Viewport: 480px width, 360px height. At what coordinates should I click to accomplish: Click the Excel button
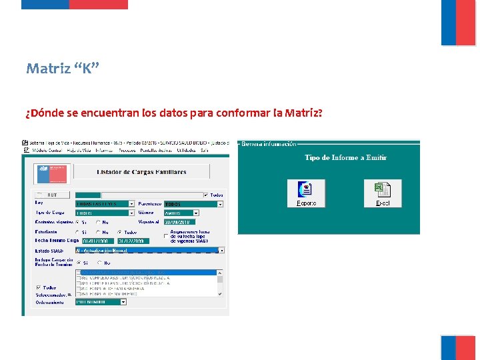(x=382, y=193)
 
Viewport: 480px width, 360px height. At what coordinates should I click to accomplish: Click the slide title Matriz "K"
(x=63, y=69)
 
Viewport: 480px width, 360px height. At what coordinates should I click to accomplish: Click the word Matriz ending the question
(x=303, y=113)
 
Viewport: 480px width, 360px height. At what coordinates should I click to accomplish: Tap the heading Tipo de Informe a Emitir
(x=345, y=158)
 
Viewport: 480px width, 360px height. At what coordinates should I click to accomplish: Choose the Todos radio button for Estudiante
(x=119, y=231)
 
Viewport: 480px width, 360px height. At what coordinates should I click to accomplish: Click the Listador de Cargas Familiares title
(x=141, y=172)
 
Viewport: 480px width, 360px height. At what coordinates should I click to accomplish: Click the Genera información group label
(x=269, y=143)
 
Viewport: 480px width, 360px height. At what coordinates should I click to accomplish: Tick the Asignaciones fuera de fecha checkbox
(x=166, y=236)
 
